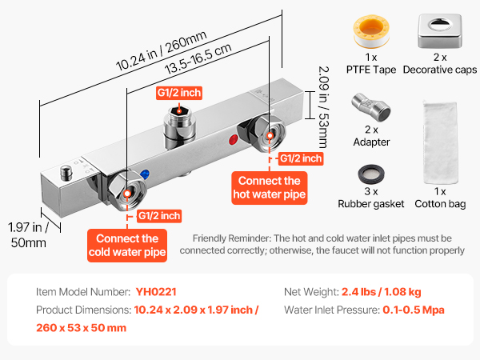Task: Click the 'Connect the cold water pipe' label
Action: [x=127, y=246]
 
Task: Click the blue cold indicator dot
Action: [x=144, y=173]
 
